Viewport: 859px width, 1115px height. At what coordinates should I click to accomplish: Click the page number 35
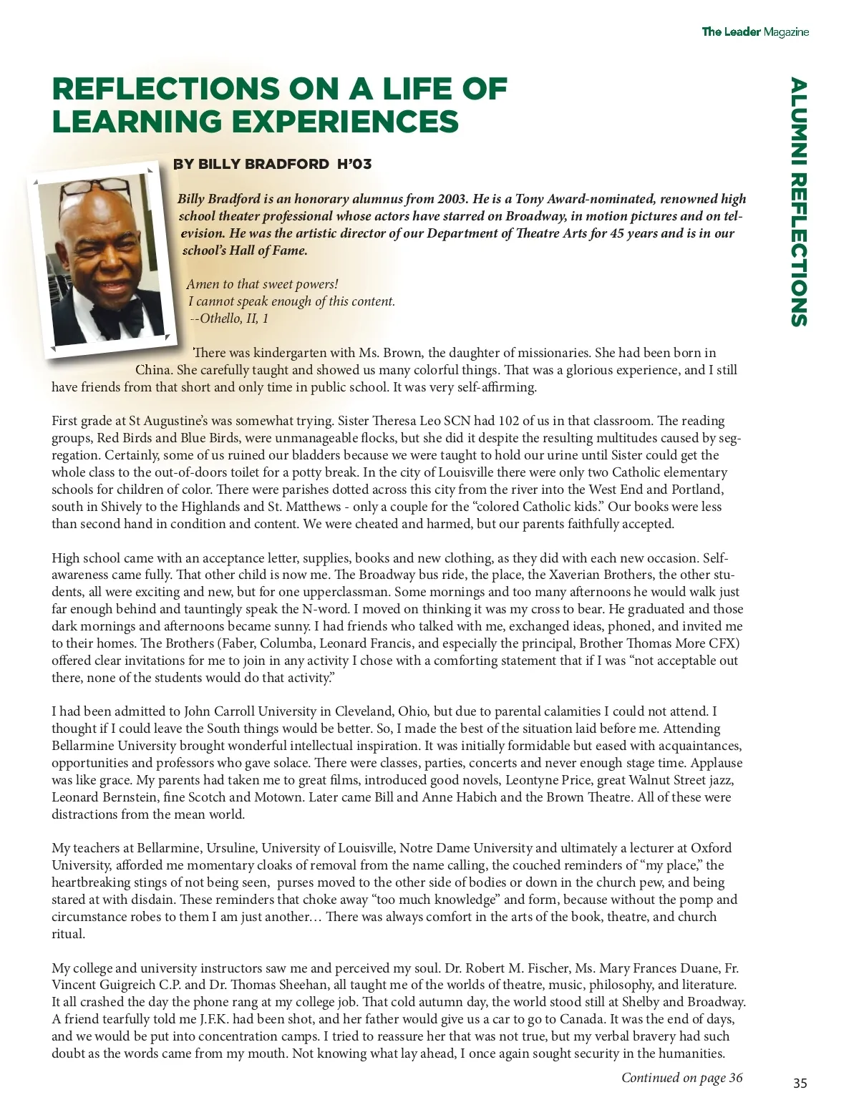coord(800,1084)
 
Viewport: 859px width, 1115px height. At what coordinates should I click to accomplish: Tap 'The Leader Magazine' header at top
coord(755,31)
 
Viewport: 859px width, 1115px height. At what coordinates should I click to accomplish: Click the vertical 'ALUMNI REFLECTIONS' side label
coord(799,202)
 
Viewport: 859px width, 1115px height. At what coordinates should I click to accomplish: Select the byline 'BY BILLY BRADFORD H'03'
coord(272,164)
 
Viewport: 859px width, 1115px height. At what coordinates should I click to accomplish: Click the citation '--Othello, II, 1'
coord(229,318)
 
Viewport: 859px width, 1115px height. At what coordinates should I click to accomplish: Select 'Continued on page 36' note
coord(681,1078)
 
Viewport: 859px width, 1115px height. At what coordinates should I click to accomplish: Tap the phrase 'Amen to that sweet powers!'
coord(262,284)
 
